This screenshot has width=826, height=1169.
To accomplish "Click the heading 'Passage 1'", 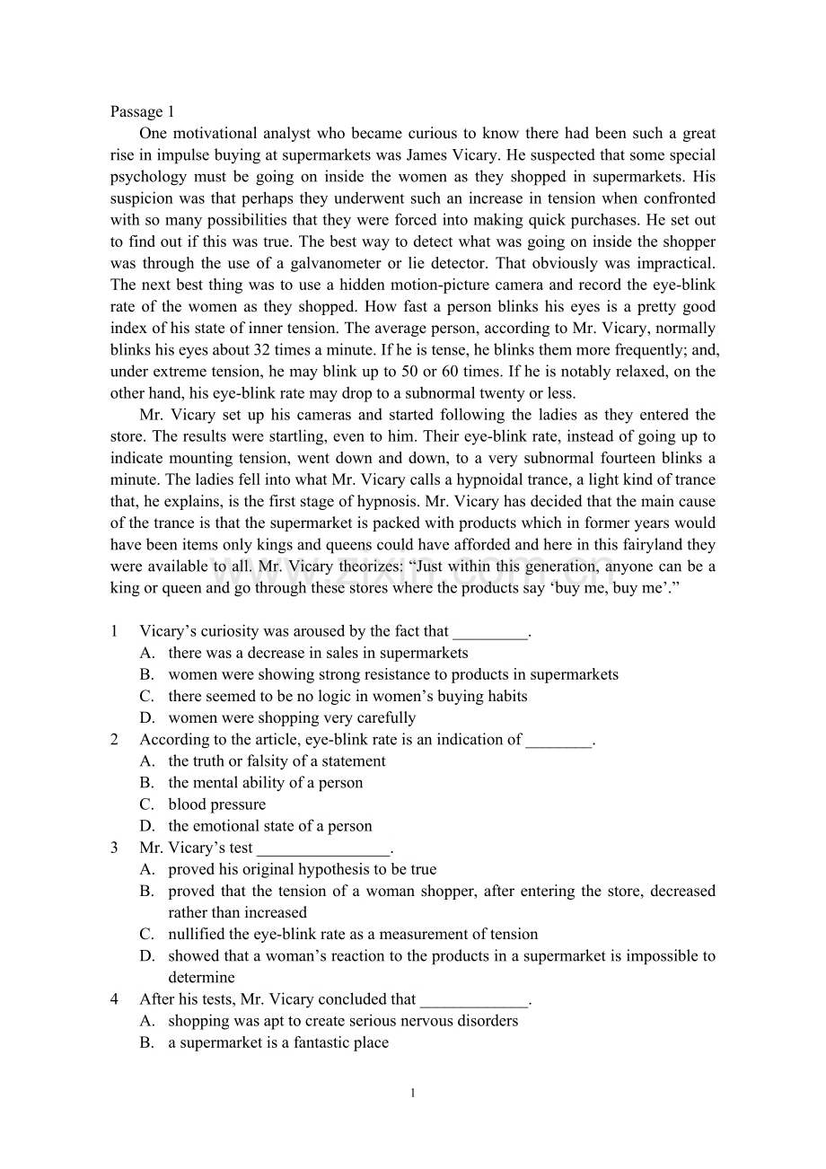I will pyautogui.click(x=142, y=111).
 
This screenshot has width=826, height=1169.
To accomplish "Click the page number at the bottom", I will pyautogui.click(x=412, y=1093).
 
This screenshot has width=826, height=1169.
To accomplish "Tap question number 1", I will pyautogui.click(x=114, y=631).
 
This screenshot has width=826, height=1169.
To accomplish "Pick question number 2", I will pyautogui.click(x=114, y=739).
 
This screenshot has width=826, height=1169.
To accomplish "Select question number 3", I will pyautogui.click(x=114, y=847).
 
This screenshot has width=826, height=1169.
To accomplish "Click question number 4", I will pyautogui.click(x=114, y=998).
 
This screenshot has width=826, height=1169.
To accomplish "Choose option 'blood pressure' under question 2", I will pyautogui.click(x=216, y=804).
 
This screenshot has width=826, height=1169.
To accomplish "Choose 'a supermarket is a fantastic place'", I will pyautogui.click(x=278, y=1042).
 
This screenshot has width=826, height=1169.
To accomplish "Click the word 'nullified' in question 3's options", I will pyautogui.click(x=198, y=934).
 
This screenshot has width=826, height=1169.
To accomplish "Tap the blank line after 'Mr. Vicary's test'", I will pyautogui.click(x=324, y=848).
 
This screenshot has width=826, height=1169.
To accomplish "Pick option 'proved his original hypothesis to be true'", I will pyautogui.click(x=302, y=868).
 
